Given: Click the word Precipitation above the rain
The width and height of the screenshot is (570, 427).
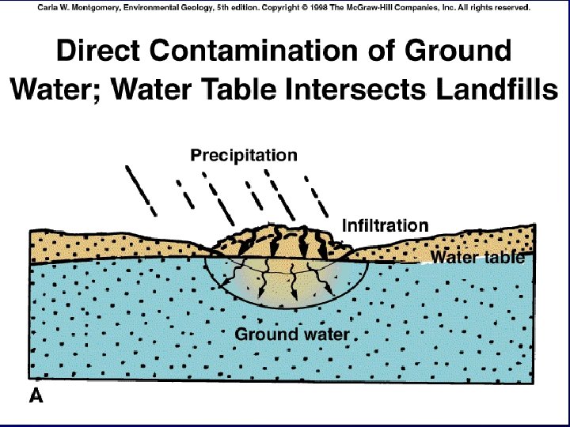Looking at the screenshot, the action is [244, 156].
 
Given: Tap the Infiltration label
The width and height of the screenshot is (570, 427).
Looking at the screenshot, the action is [385, 226].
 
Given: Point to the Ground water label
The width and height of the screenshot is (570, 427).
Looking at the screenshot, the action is [291, 334].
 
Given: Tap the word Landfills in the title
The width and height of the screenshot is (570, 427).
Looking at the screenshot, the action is [492, 89].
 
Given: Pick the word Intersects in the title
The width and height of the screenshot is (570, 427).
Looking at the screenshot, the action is [352, 89].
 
